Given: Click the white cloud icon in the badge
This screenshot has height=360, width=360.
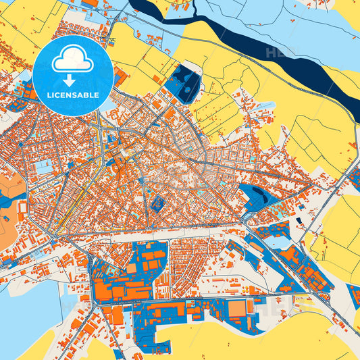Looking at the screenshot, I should (73, 59).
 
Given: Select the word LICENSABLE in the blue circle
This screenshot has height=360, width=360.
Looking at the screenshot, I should (73, 95).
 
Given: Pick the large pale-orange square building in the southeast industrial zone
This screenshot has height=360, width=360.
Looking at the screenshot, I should (237, 308).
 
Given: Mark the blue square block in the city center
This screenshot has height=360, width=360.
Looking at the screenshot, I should (157, 204).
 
